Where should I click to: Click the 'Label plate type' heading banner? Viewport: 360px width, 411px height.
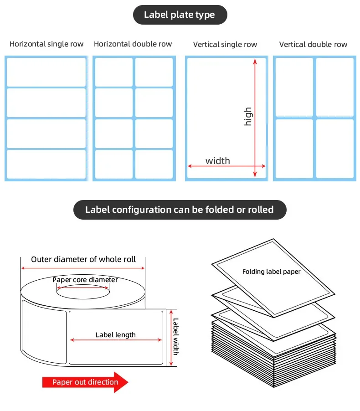pyautogui.click(x=180, y=15)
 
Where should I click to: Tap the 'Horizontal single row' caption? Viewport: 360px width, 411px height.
pyautogui.click(x=46, y=44)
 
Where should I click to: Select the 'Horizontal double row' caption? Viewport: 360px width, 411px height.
pyautogui.click(x=133, y=44)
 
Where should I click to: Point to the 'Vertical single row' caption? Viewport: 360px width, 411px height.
pyautogui.click(x=225, y=45)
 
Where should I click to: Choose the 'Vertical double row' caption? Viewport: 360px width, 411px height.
pyautogui.click(x=313, y=45)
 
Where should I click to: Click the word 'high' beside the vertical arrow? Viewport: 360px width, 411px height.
pyautogui.click(x=248, y=117)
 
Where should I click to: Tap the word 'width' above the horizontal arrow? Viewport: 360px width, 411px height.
pyautogui.click(x=217, y=161)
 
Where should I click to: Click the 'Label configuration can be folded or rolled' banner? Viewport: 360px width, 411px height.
pyautogui.click(x=180, y=210)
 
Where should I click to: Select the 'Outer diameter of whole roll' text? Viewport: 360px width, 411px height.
pyautogui.click(x=83, y=259)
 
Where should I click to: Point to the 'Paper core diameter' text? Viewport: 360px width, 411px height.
pyautogui.click(x=85, y=280)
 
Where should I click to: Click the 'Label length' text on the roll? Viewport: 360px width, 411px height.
pyautogui.click(x=116, y=335)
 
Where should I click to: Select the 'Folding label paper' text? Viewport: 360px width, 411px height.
pyautogui.click(x=271, y=272)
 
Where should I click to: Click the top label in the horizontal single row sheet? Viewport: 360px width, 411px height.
pyautogui.click(x=46, y=72)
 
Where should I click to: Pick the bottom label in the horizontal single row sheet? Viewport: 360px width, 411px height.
pyautogui.click(x=46, y=164)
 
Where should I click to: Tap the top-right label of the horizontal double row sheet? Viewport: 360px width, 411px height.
pyautogui.click(x=154, y=72)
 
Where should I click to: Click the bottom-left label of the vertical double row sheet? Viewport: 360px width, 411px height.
pyautogui.click(x=294, y=149)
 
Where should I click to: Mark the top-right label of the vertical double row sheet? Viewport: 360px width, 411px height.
pyautogui.click(x=335, y=87)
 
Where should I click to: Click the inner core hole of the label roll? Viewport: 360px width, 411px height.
pyautogui.click(x=85, y=290)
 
